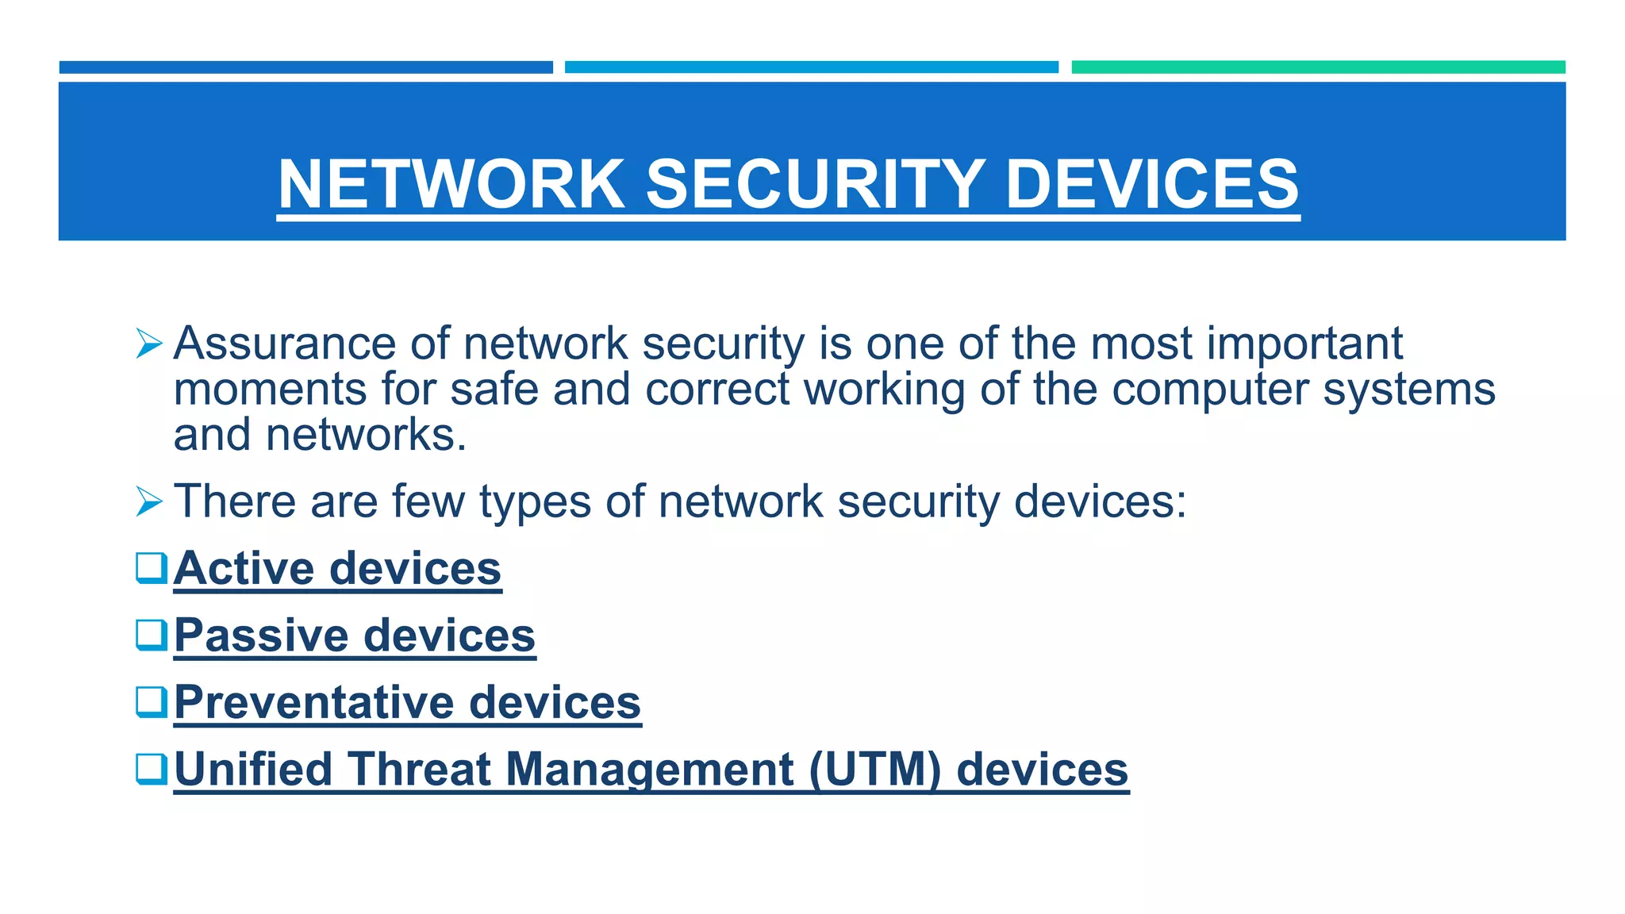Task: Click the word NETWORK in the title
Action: coord(451,184)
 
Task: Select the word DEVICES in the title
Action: coord(1152,184)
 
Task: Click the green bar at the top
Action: coord(1318,67)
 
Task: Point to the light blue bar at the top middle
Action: coord(811,67)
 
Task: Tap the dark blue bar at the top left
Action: coord(305,67)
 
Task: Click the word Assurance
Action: coord(284,344)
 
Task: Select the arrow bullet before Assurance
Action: coord(149,344)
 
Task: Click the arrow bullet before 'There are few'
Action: coord(149,501)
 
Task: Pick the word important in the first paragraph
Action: coord(1304,345)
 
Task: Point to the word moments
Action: coord(270,390)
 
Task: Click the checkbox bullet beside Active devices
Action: coord(152,568)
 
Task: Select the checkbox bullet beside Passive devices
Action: coord(152,635)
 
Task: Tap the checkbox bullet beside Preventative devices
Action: coord(152,702)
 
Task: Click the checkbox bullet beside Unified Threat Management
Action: coord(152,769)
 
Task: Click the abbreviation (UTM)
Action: coord(875,770)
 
